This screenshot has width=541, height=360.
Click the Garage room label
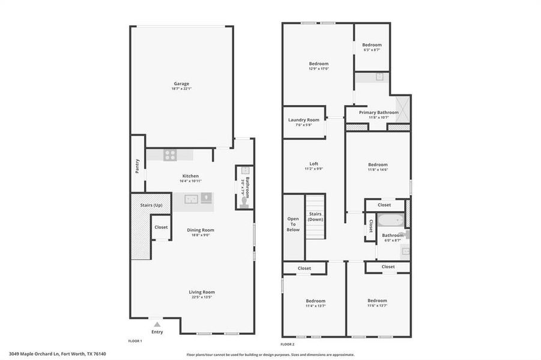pyautogui.click(x=181, y=84)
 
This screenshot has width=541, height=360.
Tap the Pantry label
pyautogui.click(x=138, y=166)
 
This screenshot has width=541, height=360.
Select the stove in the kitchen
pyautogui.click(x=170, y=155)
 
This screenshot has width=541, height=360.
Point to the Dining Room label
pyautogui.click(x=201, y=230)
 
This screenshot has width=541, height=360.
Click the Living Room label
pyautogui.click(x=202, y=292)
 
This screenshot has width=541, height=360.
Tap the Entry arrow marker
pyautogui.click(x=157, y=324)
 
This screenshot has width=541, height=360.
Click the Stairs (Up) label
pyautogui.click(x=150, y=205)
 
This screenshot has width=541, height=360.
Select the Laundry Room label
pyautogui.click(x=304, y=120)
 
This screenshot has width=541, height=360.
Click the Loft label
pyautogui.click(x=313, y=164)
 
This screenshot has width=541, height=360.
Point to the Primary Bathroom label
pyautogui.click(x=378, y=112)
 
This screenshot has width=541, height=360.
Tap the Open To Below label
pyautogui.click(x=293, y=224)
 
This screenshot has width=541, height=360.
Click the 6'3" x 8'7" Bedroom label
pyautogui.click(x=372, y=45)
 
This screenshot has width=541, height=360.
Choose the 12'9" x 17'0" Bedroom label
pyautogui.click(x=319, y=64)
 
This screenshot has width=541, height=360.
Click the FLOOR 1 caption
pyautogui.click(x=135, y=341)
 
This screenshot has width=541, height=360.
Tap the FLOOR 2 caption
pyautogui.click(x=287, y=344)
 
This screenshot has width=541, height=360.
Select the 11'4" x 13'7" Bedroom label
pyautogui.click(x=315, y=301)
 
